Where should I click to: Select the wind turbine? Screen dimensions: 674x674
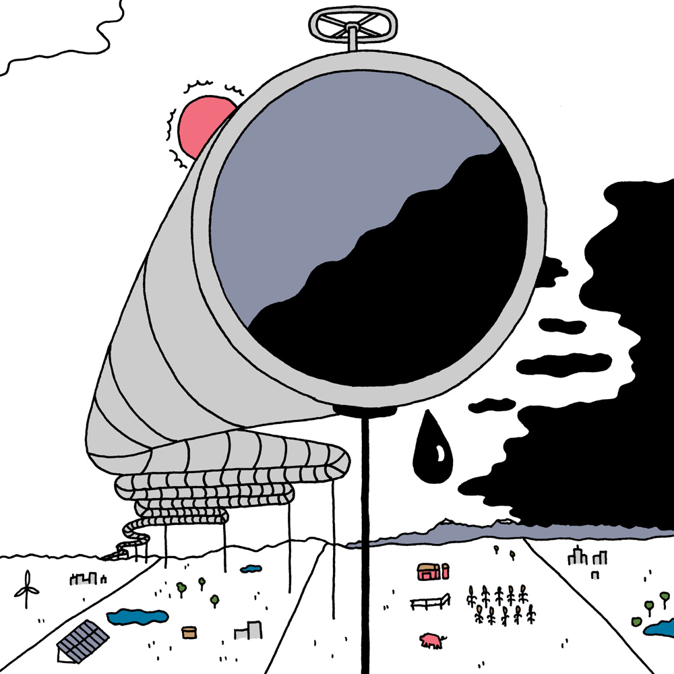click(27, 588)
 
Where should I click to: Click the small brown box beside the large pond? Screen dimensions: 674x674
click(189, 632)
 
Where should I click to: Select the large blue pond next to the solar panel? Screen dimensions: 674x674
click(138, 616)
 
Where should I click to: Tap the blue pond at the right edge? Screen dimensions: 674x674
click(659, 630)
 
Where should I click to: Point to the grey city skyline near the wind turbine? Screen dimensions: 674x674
click(87, 578)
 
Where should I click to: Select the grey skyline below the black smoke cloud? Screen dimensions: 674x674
click(586, 557)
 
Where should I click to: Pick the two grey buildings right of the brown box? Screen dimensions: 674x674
click(249, 630)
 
